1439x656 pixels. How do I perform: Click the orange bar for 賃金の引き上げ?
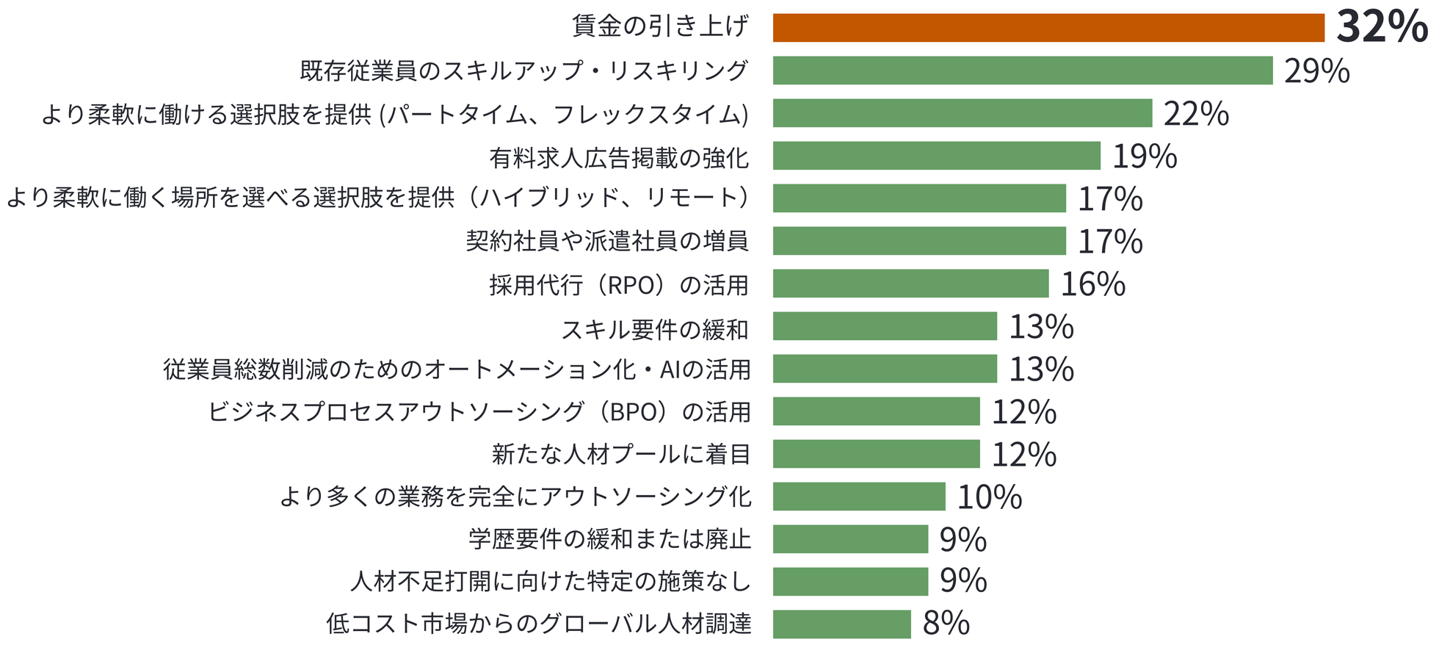coord(1048,28)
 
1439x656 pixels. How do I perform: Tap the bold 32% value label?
coord(1381,27)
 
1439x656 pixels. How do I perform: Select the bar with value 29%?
coord(1022,71)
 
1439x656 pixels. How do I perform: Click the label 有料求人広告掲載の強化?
coord(619,156)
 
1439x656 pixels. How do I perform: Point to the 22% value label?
coord(1195,114)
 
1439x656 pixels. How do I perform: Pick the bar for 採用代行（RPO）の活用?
coord(910,284)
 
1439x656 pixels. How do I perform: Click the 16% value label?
coord(1092,284)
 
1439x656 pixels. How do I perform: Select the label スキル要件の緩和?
coord(654,328)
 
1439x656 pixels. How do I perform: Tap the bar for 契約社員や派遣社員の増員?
coord(919,241)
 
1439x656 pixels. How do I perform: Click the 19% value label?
coord(1144,156)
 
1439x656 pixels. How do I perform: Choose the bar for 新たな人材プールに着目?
coord(876,454)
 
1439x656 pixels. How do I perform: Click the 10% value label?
coord(989,497)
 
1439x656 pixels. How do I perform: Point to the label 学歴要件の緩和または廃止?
coord(609,539)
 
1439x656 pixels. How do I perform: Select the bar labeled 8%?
coord(841,624)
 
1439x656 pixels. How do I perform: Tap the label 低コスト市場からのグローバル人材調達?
coord(538,624)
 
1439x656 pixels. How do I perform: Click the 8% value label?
coord(946,624)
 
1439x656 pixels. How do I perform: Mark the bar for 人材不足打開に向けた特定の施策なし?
coord(850,582)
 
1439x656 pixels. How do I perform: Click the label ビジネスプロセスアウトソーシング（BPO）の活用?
coord(479,411)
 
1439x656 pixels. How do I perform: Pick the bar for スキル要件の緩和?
coord(885,326)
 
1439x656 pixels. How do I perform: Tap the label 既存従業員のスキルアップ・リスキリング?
coord(523,71)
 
